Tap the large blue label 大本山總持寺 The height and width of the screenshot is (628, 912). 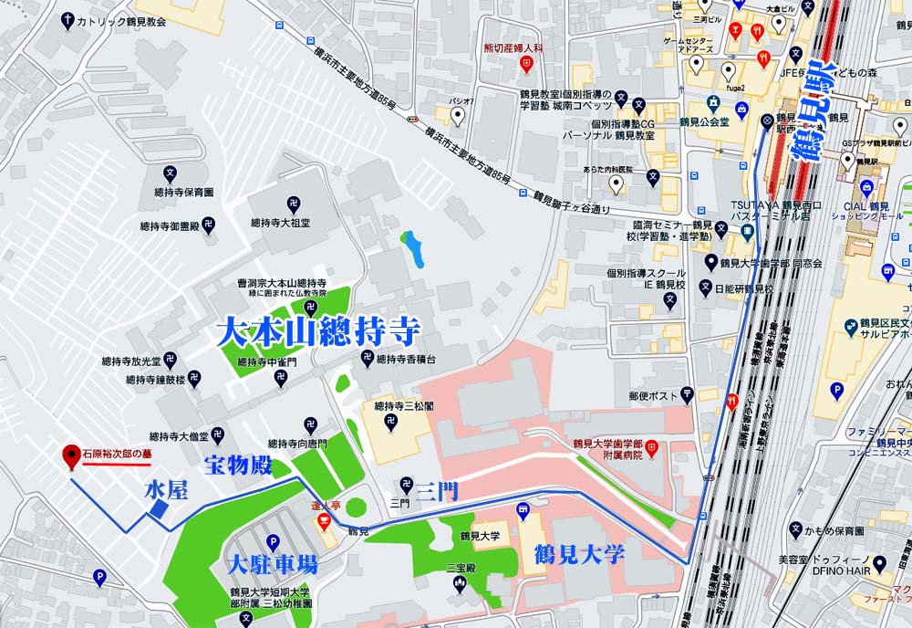[317, 330]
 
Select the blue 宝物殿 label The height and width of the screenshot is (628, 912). [239, 466]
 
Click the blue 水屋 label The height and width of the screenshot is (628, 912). [166, 490]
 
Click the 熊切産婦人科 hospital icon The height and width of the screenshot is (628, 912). [526, 64]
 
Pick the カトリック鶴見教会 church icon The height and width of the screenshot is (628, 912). [67, 19]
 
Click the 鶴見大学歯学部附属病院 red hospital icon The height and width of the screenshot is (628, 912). [652, 448]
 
